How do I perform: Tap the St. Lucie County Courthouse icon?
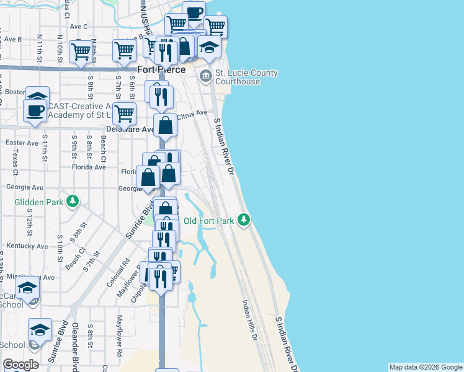(205, 77)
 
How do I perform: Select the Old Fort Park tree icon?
(244, 219)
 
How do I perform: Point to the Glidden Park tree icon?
(73, 201)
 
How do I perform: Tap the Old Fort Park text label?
(208, 220)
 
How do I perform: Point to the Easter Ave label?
(22, 143)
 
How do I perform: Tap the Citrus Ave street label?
(192, 115)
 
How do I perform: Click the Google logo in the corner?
(20, 365)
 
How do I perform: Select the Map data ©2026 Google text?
(426, 367)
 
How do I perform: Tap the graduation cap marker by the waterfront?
(209, 48)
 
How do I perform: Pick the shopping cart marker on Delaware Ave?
(124, 114)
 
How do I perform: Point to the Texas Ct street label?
(15, 162)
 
